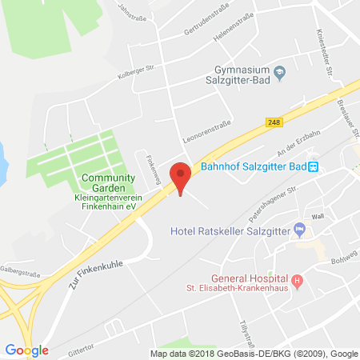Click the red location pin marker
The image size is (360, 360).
182,175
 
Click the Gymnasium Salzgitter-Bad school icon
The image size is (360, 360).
279,73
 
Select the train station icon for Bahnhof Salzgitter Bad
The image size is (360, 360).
314,166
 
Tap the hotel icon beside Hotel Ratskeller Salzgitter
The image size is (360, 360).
299,230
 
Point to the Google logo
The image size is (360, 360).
26,350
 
